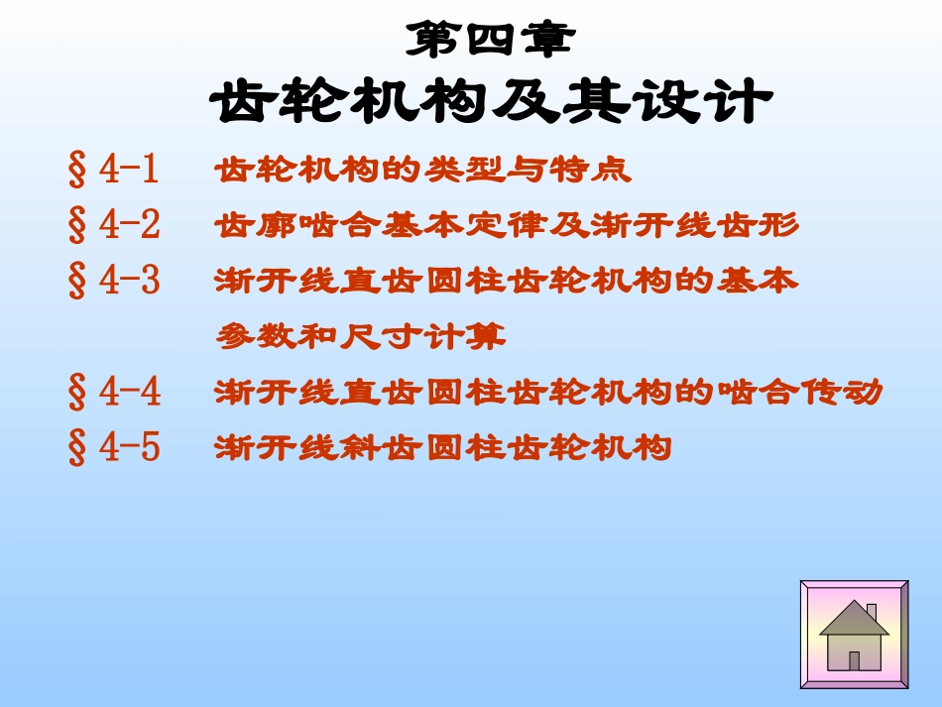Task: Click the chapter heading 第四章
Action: pyautogui.click(x=490, y=41)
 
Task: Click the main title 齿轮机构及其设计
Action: pyautogui.click(x=490, y=102)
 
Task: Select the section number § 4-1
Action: pyautogui.click(x=114, y=171)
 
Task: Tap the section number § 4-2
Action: pyautogui.click(x=114, y=226)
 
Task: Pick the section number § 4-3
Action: pyautogui.click(x=114, y=282)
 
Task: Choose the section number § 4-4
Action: pyautogui.click(x=114, y=394)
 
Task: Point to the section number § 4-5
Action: pyautogui.click(x=114, y=448)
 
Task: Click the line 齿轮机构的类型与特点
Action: pyautogui.click(x=422, y=171)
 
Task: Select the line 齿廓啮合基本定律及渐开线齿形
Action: pyautogui.click(x=506, y=226)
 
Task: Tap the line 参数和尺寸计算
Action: pyautogui.click(x=361, y=338)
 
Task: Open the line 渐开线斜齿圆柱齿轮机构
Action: pyautogui.click(x=443, y=448)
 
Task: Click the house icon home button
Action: pyautogui.click(x=854, y=634)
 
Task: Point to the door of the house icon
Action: pyautogui.click(x=854, y=660)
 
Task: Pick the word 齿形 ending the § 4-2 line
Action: pyautogui.click(x=769, y=226)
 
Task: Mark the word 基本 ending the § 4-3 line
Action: pyautogui.click(x=769, y=282)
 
